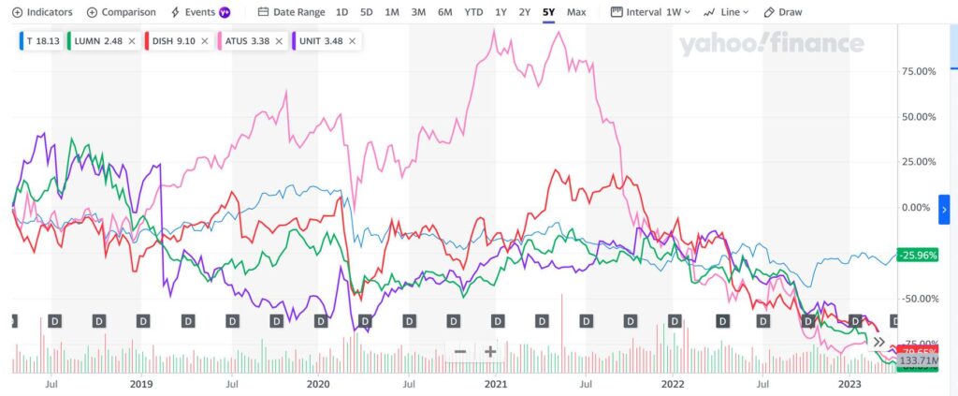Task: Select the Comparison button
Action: (121, 12)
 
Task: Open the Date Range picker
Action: (291, 12)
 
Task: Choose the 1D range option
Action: (342, 12)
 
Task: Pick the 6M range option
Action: (444, 12)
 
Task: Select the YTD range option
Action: (474, 12)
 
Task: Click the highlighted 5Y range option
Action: (548, 12)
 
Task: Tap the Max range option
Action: (576, 12)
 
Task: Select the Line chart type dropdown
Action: (725, 12)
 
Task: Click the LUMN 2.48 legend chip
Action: (103, 41)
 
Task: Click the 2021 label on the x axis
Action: (496, 384)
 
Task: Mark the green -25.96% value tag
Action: (916, 255)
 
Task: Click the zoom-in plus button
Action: (489, 352)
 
